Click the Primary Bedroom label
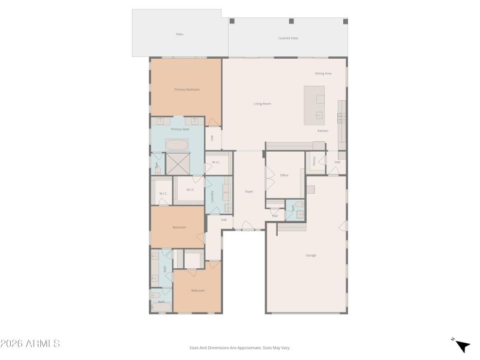tap(187, 89)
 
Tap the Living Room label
tap(262, 104)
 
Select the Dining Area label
tap(323, 73)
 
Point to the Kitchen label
tap(323, 131)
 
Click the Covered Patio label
tap(288, 38)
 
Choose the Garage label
tap(311, 256)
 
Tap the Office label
tap(284, 175)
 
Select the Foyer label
tap(249, 191)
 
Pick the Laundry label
tap(212, 195)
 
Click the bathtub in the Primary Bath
tap(176, 145)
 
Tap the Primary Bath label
tap(180, 129)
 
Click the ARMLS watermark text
tap(30, 344)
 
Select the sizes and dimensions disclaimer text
tap(240, 347)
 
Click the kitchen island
tap(314, 105)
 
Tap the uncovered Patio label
tap(179, 34)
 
